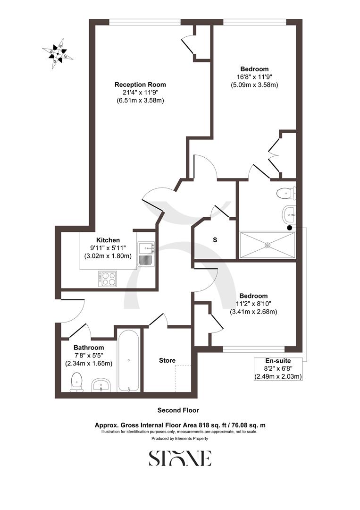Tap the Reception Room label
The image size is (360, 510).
pos(140,85)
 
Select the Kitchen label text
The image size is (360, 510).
pos(108,240)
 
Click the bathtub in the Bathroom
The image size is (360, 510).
pos(129,361)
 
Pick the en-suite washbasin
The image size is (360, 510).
pos(288,215)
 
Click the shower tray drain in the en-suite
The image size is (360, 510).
pos(268,245)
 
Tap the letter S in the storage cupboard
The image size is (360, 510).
pos(215,240)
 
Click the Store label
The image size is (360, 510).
pos(167,360)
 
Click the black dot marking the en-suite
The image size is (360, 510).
pos(289,228)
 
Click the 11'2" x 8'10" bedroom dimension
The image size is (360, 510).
pos(253,304)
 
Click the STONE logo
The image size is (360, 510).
pos(180,458)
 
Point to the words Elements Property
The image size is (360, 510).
pos(192,439)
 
